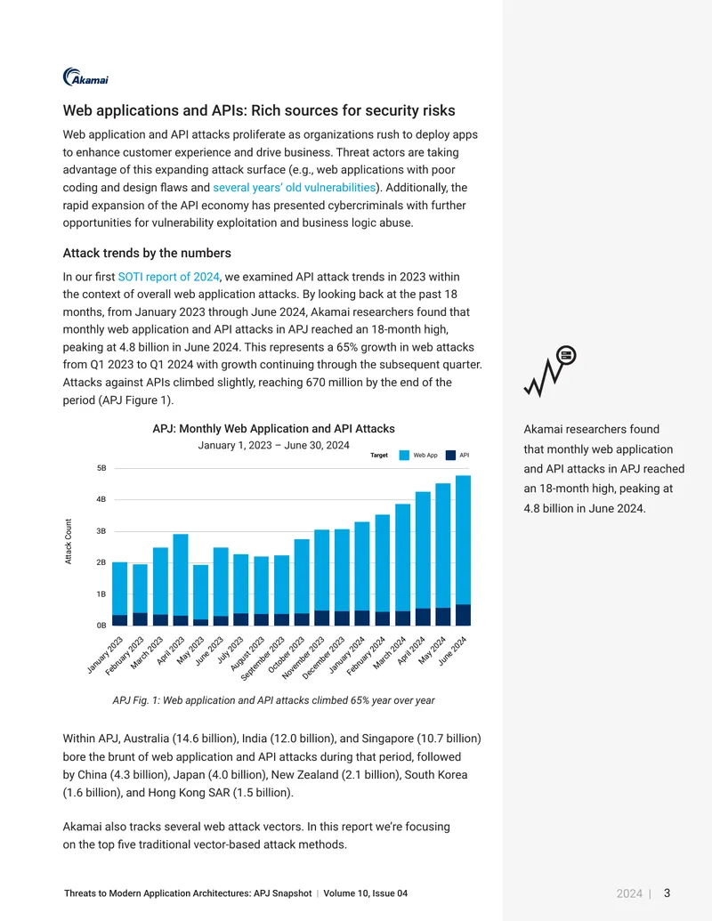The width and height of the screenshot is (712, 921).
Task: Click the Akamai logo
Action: click(85, 77)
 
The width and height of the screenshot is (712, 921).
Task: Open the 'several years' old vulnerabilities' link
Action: click(294, 188)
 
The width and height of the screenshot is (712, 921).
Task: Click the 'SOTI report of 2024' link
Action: click(168, 277)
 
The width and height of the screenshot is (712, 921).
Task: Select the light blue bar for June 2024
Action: click(463, 540)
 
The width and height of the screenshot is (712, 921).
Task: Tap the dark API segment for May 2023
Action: click(200, 622)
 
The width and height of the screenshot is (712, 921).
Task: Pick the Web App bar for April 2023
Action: click(181, 575)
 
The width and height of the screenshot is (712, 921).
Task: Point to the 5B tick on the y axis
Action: click(101, 468)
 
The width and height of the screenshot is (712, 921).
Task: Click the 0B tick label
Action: click(101, 626)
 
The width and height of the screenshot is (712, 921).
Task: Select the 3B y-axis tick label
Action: click(101, 531)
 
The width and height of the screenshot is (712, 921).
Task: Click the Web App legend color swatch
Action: click(404, 456)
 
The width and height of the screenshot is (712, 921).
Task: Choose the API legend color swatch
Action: click(450, 456)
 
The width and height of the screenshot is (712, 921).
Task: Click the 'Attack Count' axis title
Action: click(69, 542)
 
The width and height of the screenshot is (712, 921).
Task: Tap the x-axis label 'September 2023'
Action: click(263, 658)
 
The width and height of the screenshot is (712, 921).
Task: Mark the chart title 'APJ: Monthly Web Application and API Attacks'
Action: click(274, 429)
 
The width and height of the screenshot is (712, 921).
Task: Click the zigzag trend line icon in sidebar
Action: click(550, 371)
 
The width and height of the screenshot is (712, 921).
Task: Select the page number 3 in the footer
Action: click(667, 893)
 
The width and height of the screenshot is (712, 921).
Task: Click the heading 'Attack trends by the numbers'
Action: click(147, 253)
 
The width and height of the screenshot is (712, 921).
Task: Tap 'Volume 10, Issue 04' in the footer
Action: click(366, 893)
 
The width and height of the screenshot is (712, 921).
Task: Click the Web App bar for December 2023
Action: click(342, 570)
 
